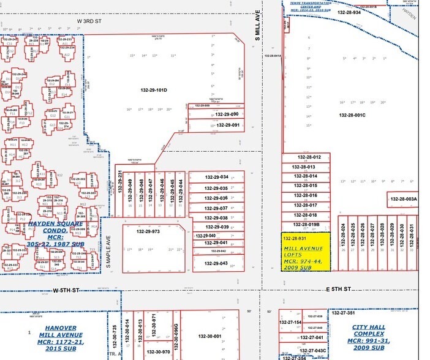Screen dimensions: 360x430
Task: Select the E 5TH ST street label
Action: (338, 288)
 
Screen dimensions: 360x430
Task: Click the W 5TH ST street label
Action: (66, 290)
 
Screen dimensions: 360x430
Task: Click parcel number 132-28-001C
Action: (352, 115)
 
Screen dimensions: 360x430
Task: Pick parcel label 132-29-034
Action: (216, 177)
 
